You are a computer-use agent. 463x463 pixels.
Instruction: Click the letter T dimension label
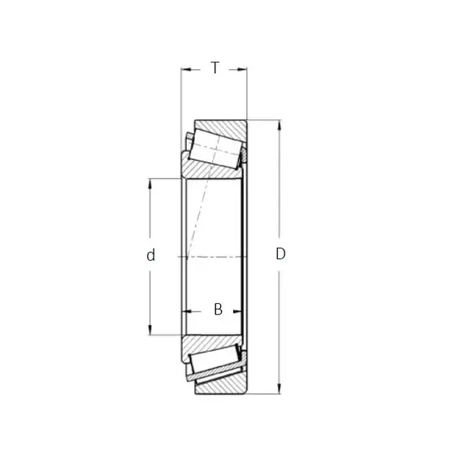[x=215, y=67]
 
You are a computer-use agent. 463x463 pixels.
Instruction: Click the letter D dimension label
[x=280, y=253]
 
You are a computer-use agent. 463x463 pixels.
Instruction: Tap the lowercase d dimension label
[x=150, y=255]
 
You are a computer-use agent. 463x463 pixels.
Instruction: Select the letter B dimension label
[x=219, y=309]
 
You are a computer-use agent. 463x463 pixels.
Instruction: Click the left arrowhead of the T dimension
[x=186, y=70]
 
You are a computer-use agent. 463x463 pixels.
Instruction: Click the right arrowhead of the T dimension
[x=241, y=70]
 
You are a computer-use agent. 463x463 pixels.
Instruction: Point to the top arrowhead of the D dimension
[x=279, y=125]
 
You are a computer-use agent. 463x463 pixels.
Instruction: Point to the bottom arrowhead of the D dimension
[x=279, y=388]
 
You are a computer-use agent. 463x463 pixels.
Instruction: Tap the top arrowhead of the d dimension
[x=150, y=184]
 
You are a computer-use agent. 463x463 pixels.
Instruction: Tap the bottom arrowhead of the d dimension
[x=150, y=330]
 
